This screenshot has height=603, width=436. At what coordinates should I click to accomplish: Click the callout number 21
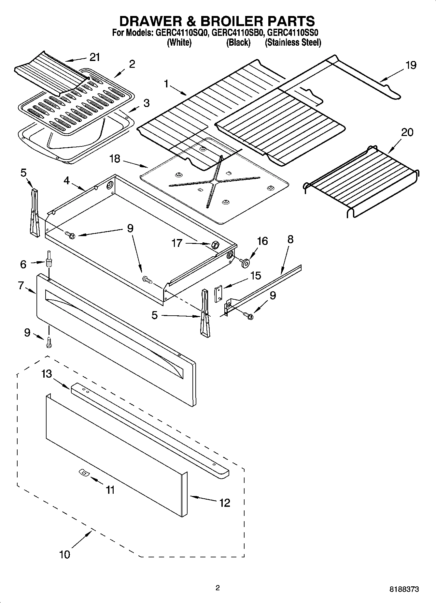(94, 57)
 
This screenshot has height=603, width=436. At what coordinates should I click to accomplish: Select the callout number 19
(411, 65)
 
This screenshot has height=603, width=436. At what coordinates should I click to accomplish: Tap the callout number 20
(407, 132)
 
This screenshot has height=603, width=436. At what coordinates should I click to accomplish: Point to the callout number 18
(115, 159)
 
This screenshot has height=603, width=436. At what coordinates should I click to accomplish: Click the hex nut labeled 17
(215, 244)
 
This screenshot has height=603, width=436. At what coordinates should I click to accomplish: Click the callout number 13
(47, 374)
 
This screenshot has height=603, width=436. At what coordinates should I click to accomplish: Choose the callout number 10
(64, 554)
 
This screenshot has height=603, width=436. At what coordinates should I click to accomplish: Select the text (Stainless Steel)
(293, 43)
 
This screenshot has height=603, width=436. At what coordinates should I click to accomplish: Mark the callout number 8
(290, 239)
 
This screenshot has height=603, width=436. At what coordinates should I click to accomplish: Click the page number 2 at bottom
(218, 588)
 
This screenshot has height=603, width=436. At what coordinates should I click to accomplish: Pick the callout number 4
(67, 180)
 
